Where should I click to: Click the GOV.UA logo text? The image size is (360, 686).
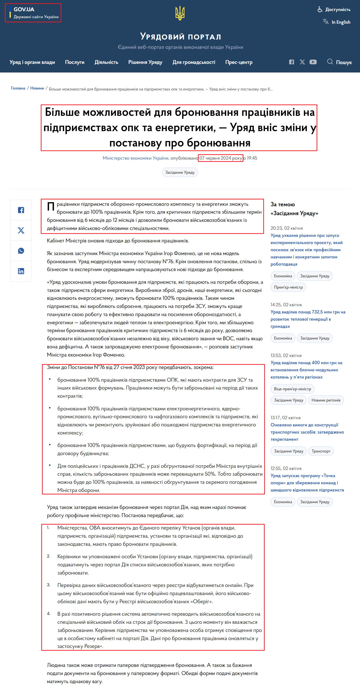pyautogui.click(x=24, y=9)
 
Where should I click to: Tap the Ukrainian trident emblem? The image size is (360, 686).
pyautogui.click(x=180, y=13)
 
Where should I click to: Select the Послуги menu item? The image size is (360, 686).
pyautogui.click(x=75, y=62)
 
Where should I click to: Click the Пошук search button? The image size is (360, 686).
pyautogui.click(x=339, y=62)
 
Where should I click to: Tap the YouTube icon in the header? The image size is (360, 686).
pyautogui.click(x=313, y=62)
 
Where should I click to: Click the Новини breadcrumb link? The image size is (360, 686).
pyautogui.click(x=37, y=88)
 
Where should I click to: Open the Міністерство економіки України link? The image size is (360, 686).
pyautogui.click(x=136, y=158)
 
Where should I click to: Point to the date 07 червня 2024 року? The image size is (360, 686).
pyautogui.click(x=221, y=158)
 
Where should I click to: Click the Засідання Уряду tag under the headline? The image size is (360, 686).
pyautogui.click(x=180, y=173)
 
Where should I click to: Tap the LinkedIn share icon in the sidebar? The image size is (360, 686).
pyautogui.click(x=21, y=271)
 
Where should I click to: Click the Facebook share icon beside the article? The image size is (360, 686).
pyautogui.click(x=21, y=210)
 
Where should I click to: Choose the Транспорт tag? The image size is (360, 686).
pyautogui.click(x=321, y=451)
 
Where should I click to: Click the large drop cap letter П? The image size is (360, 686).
pyautogui.click(x=51, y=206)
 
